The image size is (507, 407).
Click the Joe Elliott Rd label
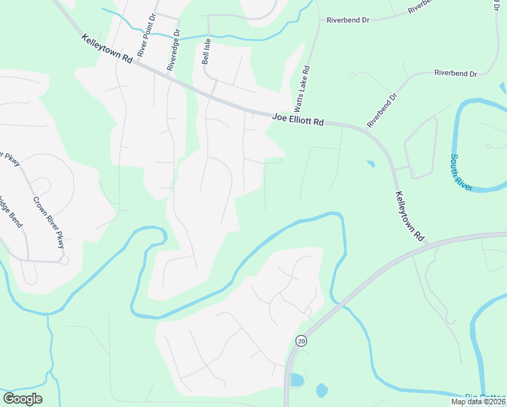(x=298, y=119)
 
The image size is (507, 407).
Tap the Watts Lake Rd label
(x=303, y=88)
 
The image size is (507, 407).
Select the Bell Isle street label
(x=207, y=52)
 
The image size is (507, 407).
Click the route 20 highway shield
(x=301, y=341)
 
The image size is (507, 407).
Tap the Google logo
(x=22, y=399)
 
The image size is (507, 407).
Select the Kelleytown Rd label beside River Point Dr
(x=106, y=50)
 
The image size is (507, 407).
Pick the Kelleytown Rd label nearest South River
(x=409, y=216)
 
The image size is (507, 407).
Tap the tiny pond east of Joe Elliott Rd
(x=370, y=163)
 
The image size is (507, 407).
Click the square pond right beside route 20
(x=296, y=379)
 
